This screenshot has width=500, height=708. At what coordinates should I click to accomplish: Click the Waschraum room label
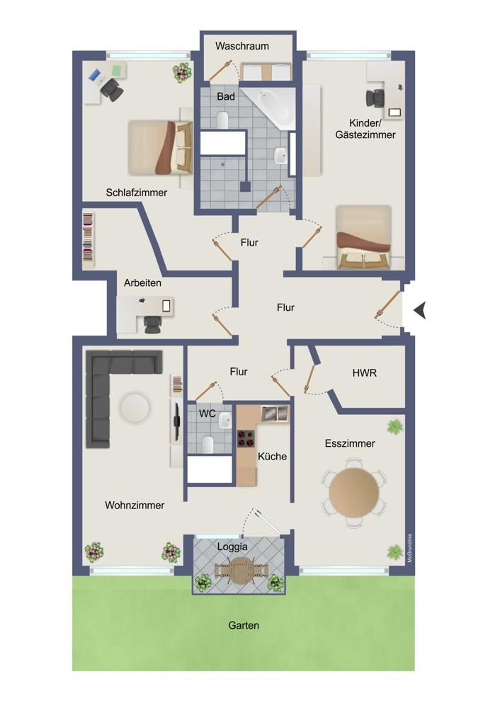(x=242, y=46)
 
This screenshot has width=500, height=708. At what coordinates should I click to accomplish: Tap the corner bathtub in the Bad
(x=273, y=108)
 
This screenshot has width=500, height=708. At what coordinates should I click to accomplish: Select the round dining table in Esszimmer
(x=353, y=492)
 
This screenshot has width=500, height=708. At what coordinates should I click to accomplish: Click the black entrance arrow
(x=420, y=311)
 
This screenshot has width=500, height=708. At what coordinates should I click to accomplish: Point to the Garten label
(x=244, y=625)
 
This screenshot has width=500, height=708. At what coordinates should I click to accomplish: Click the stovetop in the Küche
(x=246, y=438)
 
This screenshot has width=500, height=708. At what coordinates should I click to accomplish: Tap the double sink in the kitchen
(x=275, y=413)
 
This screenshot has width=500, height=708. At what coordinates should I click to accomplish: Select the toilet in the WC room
(x=208, y=443)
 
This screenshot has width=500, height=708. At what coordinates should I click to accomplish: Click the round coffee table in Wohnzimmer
(x=135, y=408)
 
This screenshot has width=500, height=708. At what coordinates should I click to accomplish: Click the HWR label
(x=364, y=373)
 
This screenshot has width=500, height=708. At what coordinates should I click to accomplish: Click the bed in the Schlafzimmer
(x=160, y=147)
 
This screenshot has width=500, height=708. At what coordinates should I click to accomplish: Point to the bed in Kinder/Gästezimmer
(x=363, y=237)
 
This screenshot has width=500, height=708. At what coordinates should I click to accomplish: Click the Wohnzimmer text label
(x=135, y=506)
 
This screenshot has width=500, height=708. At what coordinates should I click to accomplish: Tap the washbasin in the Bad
(x=280, y=156)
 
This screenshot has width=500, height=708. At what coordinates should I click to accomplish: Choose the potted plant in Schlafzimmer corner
(x=181, y=72)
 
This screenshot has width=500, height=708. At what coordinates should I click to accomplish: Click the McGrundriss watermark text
(x=409, y=548)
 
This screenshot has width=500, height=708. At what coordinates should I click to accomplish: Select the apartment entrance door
(x=387, y=306)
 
